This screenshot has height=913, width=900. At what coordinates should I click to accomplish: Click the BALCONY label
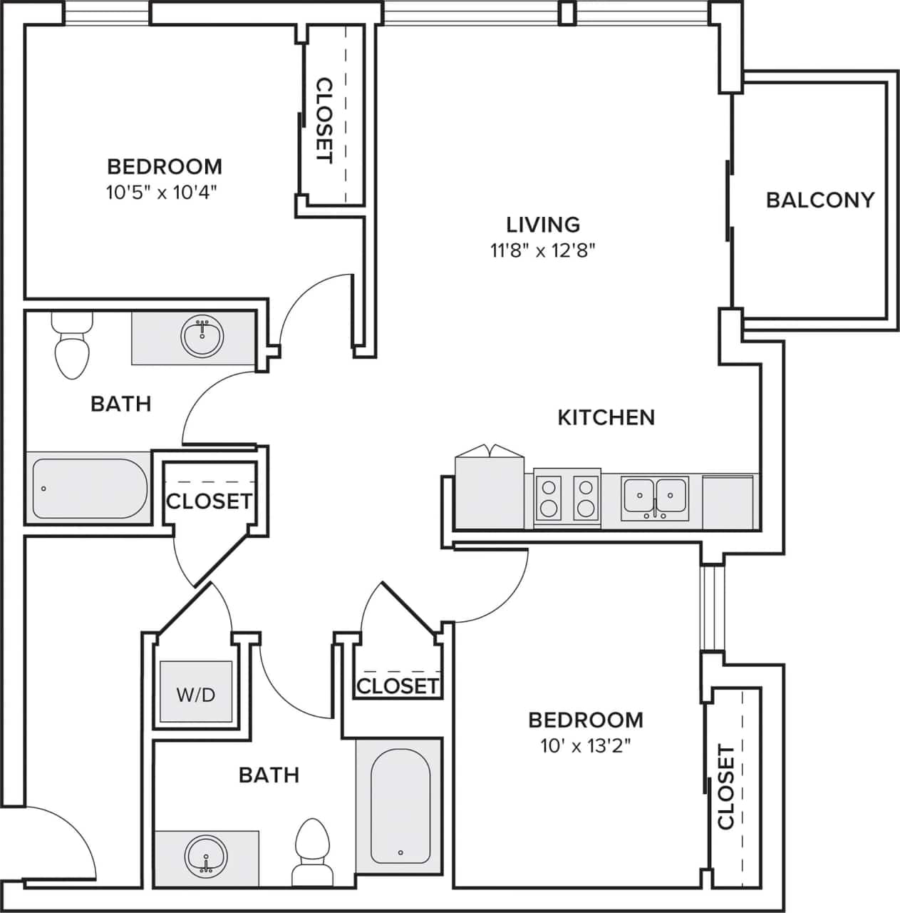pos(819,200)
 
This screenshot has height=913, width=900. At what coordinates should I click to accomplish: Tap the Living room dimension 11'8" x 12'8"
pos(542,250)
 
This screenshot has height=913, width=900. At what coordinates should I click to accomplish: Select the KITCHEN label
pos(606,417)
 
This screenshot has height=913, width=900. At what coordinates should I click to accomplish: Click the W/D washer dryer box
pos(196,693)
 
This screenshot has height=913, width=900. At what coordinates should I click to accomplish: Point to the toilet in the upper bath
pos(72,350)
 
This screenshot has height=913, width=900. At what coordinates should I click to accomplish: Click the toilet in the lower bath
pos(311,849)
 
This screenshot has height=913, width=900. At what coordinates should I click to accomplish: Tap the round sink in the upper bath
pos(202,337)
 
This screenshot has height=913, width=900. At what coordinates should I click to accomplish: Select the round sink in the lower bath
pos(207,855)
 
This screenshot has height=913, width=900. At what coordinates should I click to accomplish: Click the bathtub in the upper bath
pos(89,489)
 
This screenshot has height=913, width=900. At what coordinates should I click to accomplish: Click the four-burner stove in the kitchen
pos(567,497)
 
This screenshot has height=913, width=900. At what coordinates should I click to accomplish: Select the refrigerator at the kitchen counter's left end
pos(490,492)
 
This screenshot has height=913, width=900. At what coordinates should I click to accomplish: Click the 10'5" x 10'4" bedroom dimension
pos(161,193)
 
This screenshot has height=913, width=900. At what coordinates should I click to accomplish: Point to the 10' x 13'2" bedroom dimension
pos(586,747)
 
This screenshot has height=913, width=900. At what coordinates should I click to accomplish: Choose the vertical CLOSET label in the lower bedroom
pos(725,787)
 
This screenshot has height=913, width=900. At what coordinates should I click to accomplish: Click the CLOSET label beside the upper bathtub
pos(209,501)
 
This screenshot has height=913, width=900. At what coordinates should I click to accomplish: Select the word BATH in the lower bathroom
pos(269,775)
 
